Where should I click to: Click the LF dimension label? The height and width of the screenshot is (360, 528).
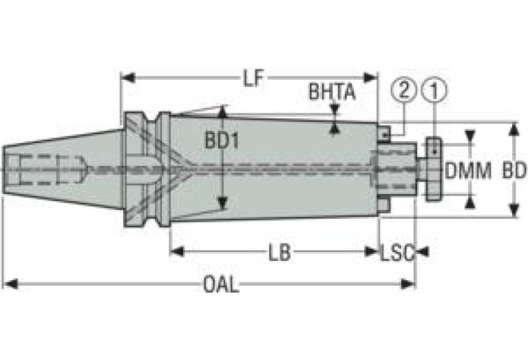coord(253,78)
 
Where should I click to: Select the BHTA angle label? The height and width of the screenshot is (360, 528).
coord(332,92)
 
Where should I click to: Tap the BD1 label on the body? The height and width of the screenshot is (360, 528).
coord(222,140)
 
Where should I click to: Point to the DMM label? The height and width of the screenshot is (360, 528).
coord(467,171)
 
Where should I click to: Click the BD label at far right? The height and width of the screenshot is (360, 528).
coord(514,171)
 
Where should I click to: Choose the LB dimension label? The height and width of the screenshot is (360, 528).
coord(279,253)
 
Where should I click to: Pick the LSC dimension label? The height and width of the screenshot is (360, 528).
coord(397,253)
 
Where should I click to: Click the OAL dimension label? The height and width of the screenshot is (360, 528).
coord(221,285)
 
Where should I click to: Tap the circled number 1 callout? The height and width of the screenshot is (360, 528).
coord(434,90)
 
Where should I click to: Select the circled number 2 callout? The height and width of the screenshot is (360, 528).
coord(404,90)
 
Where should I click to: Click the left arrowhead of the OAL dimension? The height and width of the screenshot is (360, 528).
coord(10,284)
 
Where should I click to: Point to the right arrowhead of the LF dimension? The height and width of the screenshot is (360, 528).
coord(370,78)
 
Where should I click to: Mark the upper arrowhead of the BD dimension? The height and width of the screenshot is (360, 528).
coord(514,129)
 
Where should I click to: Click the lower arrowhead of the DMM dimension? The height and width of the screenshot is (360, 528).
coord(470,202)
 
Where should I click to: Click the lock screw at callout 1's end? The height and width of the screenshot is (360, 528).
coord(433,169)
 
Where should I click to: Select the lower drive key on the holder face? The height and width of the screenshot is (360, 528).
coord(384,204)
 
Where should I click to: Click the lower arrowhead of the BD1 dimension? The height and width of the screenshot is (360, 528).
coord(222,204)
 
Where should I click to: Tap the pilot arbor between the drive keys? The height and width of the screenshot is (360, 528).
coord(397,169)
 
